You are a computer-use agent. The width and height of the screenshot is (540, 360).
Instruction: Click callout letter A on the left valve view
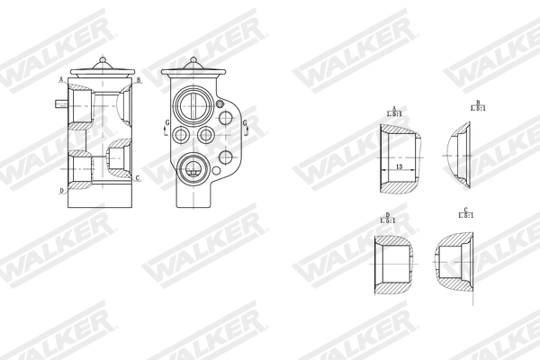[x=60, y=80]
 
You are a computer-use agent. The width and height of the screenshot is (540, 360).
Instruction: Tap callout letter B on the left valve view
[x=139, y=80]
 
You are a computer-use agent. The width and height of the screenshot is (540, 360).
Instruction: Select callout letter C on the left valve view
[x=137, y=178]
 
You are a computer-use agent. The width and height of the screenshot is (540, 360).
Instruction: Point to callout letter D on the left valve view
[x=61, y=191]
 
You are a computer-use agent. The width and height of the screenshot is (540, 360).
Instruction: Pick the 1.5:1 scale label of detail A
[x=393, y=113]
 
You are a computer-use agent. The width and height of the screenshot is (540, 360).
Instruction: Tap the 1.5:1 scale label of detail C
[x=464, y=215]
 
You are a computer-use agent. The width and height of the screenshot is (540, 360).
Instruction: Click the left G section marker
[x=165, y=127]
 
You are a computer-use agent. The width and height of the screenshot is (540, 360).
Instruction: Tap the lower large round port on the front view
[x=192, y=167]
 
